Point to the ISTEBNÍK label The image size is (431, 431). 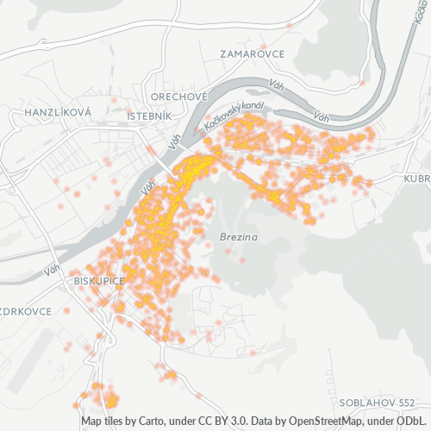tap(149, 115)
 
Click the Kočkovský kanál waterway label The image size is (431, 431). tap(233, 119)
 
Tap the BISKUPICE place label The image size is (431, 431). tap(100, 281)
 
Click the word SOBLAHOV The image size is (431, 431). tap(366, 403)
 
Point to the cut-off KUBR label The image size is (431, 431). tap(416, 178)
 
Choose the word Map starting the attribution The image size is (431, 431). tap(91, 422)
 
